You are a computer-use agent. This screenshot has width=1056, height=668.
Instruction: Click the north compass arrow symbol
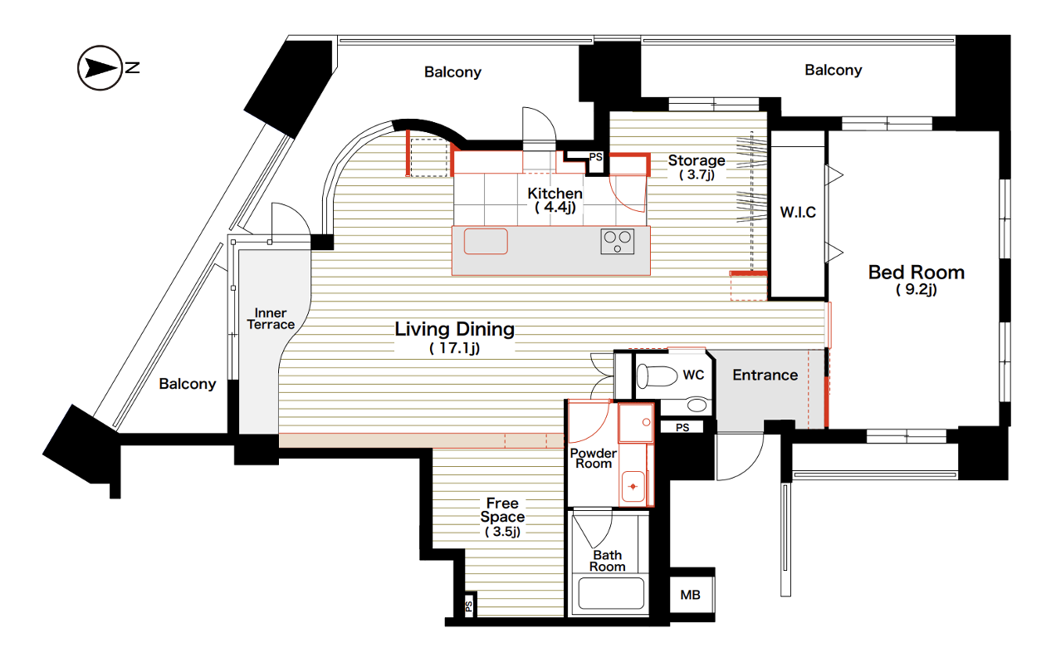point(100,68)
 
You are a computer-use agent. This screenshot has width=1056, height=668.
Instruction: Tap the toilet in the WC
point(657,376)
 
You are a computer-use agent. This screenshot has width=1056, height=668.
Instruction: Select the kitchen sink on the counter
point(486,242)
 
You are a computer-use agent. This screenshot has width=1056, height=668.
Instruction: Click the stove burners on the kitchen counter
point(617,242)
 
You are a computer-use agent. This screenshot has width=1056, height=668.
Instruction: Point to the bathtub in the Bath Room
point(611,593)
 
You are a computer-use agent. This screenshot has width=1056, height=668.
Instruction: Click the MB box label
point(690,595)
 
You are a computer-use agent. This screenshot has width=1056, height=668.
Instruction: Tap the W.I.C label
point(798,213)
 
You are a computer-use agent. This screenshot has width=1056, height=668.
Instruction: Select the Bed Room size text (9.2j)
point(916,289)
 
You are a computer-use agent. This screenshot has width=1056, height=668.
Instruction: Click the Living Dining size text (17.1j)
point(454,348)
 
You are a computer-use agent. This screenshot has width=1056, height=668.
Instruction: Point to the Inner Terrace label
point(271,319)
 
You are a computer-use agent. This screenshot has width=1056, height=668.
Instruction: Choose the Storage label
point(697,160)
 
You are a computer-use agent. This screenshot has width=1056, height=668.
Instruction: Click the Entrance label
point(765,375)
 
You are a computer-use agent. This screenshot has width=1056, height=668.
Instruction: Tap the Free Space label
point(502,510)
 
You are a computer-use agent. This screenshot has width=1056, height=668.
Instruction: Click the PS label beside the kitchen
point(596,157)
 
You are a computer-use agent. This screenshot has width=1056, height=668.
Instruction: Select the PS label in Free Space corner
point(468,607)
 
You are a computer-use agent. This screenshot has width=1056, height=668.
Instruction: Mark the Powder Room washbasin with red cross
point(633,486)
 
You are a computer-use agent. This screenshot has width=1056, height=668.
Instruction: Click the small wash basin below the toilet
point(697,405)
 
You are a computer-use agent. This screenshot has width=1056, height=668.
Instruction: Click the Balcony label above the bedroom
point(833,70)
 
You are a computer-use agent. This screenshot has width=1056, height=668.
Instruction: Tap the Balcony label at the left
point(187,384)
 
